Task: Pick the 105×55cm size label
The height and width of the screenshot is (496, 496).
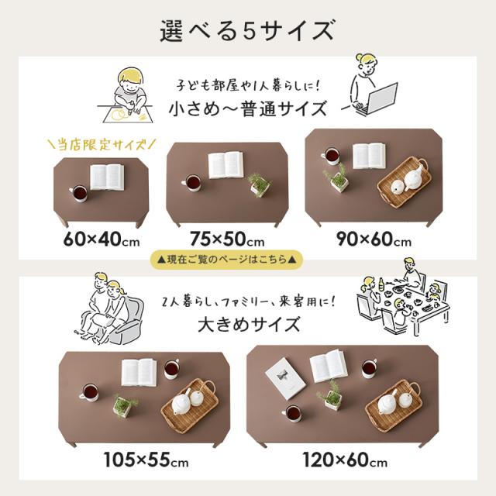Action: coord(146,463)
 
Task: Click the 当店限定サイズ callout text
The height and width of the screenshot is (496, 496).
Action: coord(102,144)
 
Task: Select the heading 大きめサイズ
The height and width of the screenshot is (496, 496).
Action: coord(248,323)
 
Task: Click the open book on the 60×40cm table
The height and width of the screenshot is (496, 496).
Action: coord(106,176)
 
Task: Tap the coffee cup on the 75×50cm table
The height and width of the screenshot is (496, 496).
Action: coord(191,183)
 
